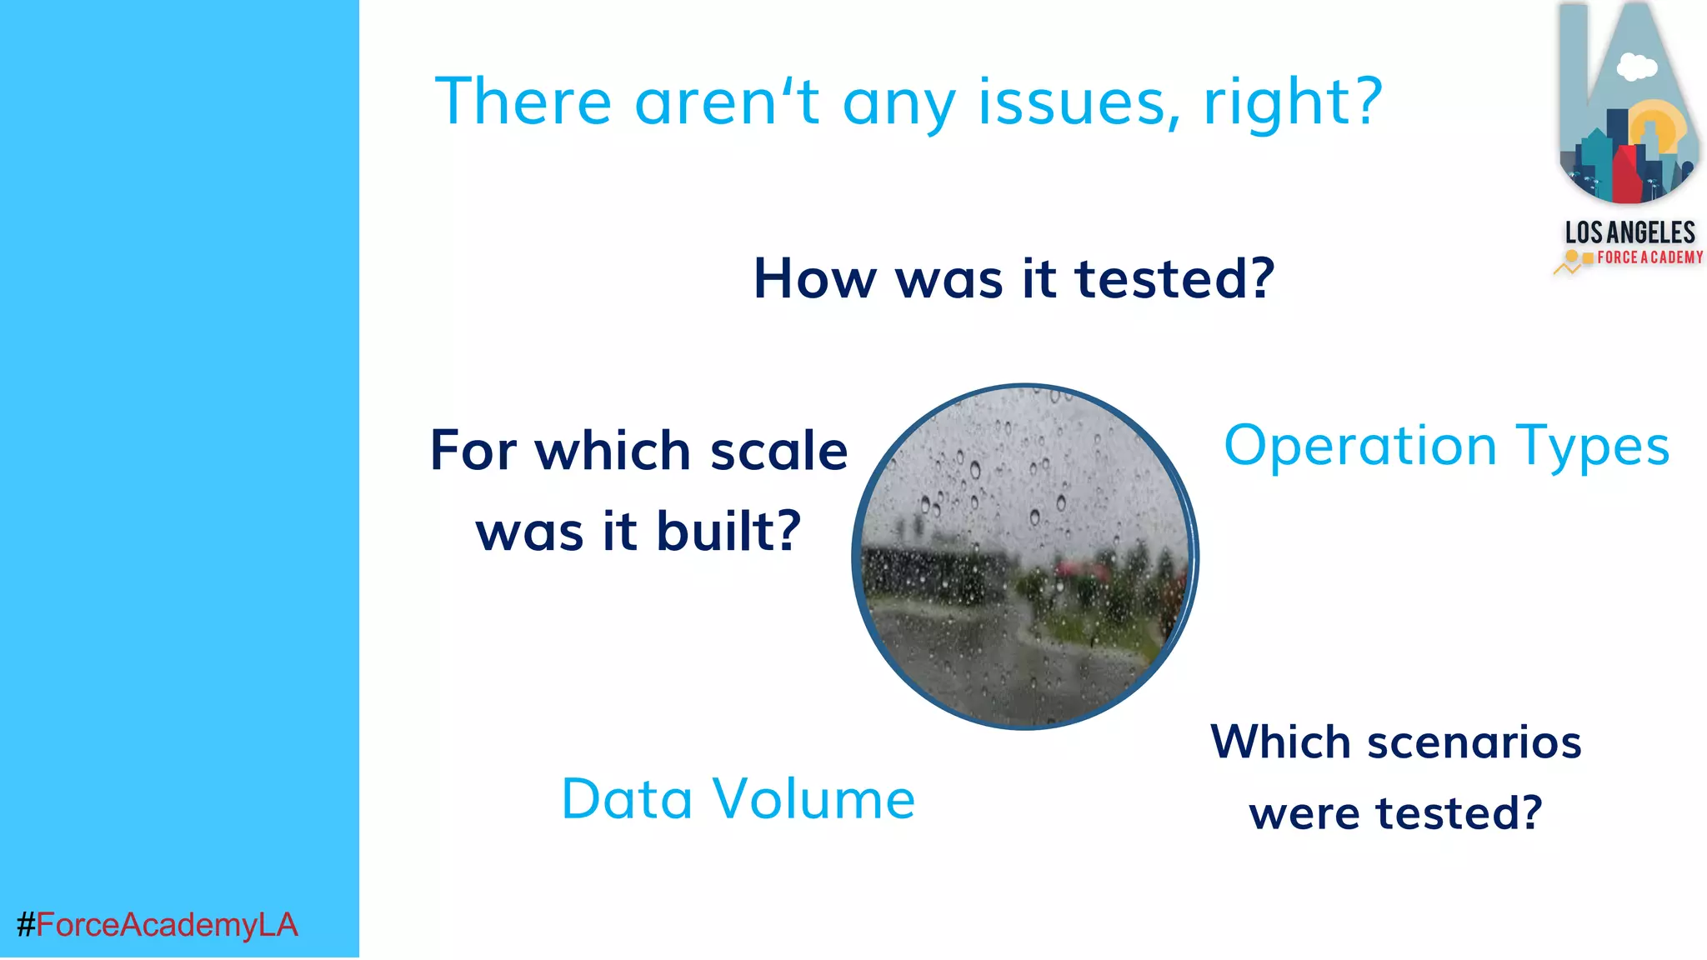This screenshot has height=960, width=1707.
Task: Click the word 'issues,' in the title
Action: click(1079, 102)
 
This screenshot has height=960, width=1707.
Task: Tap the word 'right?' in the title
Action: click(1293, 102)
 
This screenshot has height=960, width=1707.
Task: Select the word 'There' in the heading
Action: click(523, 102)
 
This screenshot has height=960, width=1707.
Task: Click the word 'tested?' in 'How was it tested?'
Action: click(1175, 278)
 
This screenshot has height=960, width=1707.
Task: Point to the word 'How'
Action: click(813, 278)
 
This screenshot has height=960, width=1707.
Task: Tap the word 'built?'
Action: click(728, 532)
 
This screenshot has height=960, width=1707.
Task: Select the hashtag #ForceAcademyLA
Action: click(158, 925)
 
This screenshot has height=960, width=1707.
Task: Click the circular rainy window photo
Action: click(1025, 557)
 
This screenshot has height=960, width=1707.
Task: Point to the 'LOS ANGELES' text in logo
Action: click(1629, 232)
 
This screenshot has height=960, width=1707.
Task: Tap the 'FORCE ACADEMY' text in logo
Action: click(1649, 257)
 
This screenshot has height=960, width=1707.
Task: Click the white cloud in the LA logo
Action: click(1636, 67)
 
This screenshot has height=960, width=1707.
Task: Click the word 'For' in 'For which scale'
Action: click(473, 451)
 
